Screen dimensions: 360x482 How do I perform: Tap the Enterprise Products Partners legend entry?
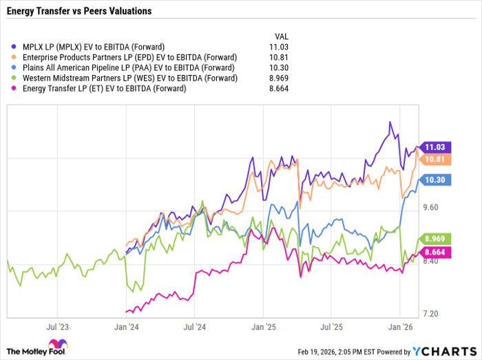(x=127, y=56)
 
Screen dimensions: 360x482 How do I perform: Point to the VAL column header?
(x=281, y=36)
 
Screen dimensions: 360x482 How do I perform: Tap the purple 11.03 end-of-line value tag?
(x=435, y=147)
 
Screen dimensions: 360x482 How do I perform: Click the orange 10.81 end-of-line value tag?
(x=435, y=159)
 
